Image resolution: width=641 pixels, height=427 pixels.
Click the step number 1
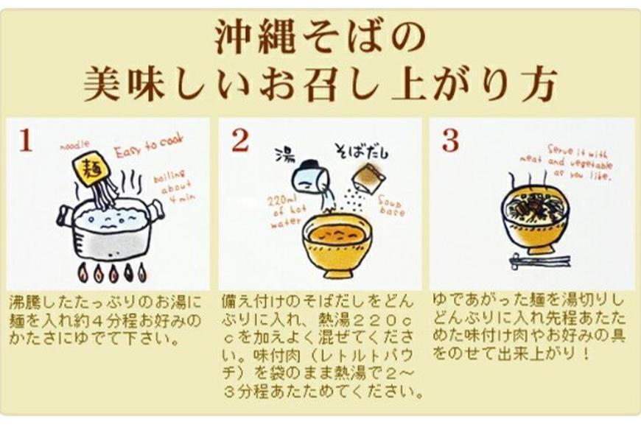point(26,141)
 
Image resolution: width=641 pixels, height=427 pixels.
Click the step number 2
point(239,141)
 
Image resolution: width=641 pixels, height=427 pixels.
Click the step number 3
point(450,141)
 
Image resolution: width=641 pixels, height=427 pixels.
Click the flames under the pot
point(111,273)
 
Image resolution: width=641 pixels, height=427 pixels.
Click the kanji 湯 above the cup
point(285,155)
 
